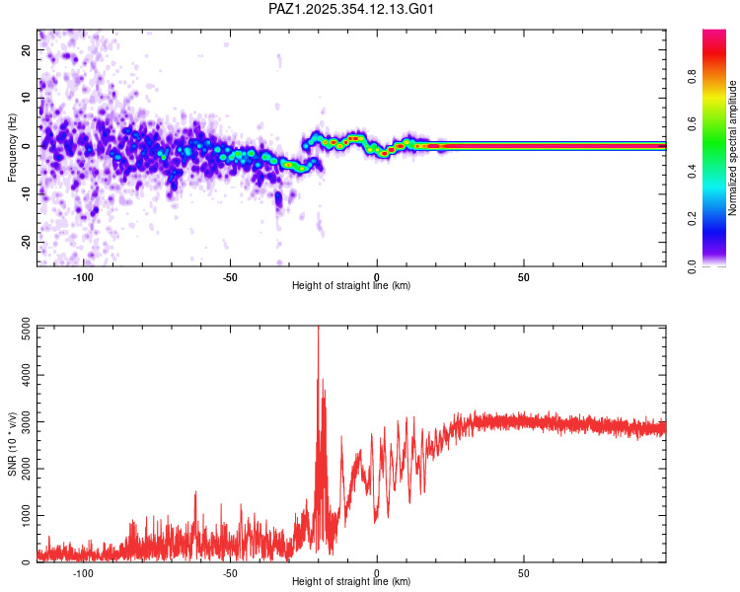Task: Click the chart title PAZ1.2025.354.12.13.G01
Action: [x=351, y=9]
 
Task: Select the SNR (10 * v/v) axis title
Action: [x=12, y=444]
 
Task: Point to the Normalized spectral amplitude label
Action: [x=733, y=148]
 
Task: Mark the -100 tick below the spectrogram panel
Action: [x=83, y=277]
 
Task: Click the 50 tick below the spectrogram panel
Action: [x=524, y=277]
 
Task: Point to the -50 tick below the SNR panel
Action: [x=230, y=573]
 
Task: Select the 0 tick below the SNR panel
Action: [x=377, y=573]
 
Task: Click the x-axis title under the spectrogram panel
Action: [x=351, y=286]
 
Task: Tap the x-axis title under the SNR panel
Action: [x=351, y=582]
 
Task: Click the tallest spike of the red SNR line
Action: [x=318, y=329]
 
